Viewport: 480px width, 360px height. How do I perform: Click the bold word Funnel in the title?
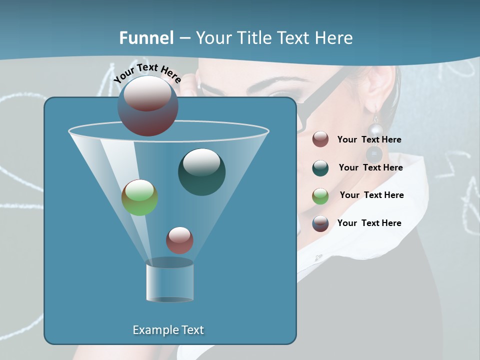(146, 37)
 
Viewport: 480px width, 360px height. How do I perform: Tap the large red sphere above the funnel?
(148, 105)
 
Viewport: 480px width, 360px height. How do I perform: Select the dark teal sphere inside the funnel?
(201, 172)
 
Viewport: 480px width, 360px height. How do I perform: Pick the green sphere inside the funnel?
(140, 197)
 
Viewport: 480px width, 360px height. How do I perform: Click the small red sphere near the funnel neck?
(179, 240)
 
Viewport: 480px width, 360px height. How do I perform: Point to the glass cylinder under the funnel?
(169, 281)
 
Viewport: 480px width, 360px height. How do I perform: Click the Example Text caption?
(168, 330)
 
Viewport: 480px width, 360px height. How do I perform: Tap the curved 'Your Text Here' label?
(147, 72)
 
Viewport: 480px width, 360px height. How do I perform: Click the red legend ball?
(320, 139)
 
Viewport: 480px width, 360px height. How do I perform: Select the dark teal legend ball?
(320, 168)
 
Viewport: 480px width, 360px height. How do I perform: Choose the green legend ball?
(320, 196)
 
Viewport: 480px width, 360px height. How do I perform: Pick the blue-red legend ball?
(320, 223)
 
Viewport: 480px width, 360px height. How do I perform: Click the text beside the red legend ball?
(369, 139)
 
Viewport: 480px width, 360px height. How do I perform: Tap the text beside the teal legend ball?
(370, 167)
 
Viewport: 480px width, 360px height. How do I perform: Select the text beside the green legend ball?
(371, 195)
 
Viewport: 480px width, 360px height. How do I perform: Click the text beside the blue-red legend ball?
(369, 223)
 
